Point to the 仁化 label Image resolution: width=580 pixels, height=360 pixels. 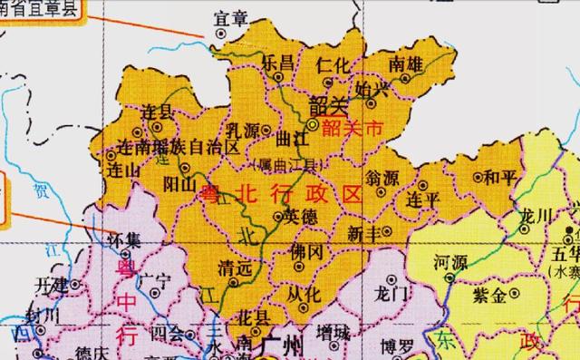coord(333,63)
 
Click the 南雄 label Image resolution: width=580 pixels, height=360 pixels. coord(404,64)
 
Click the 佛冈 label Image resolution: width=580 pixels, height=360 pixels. coord(307,251)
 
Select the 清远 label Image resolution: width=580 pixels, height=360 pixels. coord(233,268)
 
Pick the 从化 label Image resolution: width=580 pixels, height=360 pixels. coord(304,293)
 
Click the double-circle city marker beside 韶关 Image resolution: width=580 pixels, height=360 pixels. coord(312,123)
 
